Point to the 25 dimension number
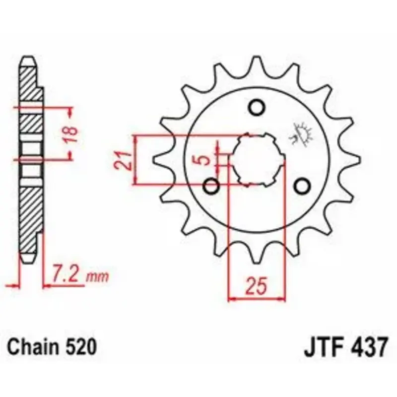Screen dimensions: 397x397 (x=257, y=286)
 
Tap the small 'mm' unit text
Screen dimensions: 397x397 (x=97, y=277)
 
